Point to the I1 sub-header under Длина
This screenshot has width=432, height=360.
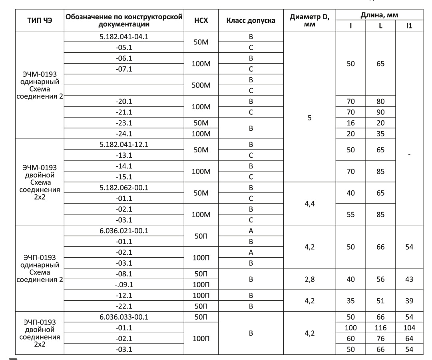(409, 26)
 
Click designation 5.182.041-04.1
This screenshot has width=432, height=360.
(123, 37)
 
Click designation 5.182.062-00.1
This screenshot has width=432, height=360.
(123, 187)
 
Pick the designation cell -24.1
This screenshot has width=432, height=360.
(123, 134)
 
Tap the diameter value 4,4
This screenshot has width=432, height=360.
(309, 203)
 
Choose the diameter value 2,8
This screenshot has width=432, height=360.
(309, 279)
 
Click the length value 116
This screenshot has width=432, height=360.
(380, 328)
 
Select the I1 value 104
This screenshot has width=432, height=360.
(409, 328)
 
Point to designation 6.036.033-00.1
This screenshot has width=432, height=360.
(123, 317)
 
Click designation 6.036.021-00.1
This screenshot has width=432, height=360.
(123, 230)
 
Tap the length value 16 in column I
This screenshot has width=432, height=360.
(350, 123)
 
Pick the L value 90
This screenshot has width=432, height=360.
(380, 112)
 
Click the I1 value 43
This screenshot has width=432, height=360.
(409, 279)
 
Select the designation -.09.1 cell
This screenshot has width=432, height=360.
(123, 285)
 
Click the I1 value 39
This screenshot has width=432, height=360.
(409, 301)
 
